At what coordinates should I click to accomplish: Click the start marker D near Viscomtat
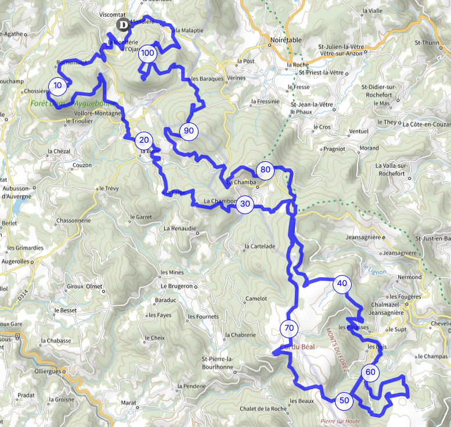pyautogui.click(x=123, y=24)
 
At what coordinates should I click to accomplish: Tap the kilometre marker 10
pyautogui.click(x=57, y=86)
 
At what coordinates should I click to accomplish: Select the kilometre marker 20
pyautogui.click(x=144, y=140)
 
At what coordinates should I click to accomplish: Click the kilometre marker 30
pyautogui.click(x=245, y=204)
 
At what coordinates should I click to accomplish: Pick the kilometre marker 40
pyautogui.click(x=342, y=284)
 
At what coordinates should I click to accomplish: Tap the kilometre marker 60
pyautogui.click(x=370, y=372)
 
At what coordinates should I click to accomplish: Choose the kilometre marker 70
pyautogui.click(x=289, y=328)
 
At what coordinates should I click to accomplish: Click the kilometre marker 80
pyautogui.click(x=265, y=170)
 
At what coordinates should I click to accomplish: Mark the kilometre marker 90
pyautogui.click(x=189, y=131)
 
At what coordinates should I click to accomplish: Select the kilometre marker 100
pyautogui.click(x=147, y=53)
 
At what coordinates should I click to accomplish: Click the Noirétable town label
pyautogui.click(x=286, y=40)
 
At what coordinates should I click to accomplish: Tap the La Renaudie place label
pyautogui.click(x=179, y=228)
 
